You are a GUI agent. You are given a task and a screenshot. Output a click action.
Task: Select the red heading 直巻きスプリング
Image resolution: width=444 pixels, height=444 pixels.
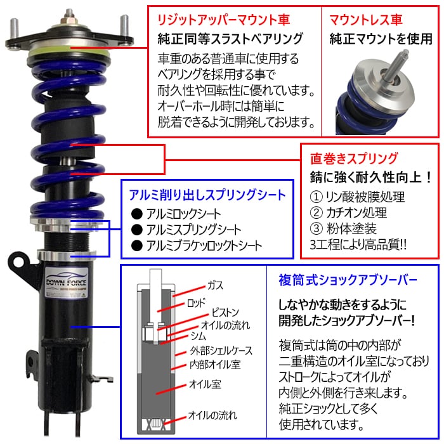[353, 158]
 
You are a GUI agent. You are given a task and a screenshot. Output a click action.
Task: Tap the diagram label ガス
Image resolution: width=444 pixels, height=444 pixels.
[215, 286]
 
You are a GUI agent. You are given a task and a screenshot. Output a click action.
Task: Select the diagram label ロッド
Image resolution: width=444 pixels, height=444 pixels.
[213, 304]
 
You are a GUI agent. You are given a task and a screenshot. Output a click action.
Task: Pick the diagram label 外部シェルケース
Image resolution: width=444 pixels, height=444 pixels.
[221, 350]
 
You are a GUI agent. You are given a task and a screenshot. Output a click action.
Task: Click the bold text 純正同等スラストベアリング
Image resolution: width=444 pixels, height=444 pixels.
[232, 39]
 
